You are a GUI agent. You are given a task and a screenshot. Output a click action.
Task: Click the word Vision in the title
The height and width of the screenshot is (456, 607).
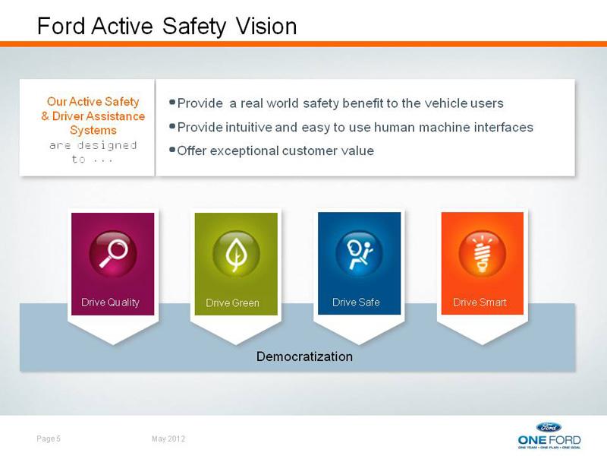click(266, 26)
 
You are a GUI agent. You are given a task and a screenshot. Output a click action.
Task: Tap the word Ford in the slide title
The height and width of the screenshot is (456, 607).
click(61, 26)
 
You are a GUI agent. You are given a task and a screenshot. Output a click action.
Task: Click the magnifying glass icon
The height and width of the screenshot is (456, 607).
click(113, 254)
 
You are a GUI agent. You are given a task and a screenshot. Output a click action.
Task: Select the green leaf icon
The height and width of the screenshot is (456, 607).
click(236, 254)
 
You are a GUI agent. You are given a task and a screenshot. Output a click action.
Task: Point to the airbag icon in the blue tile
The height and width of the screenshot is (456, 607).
click(359, 254)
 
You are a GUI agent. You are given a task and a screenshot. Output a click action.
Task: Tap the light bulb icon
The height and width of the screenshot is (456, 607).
click(483, 254)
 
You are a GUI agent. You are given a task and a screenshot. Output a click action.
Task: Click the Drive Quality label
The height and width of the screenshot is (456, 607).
click(110, 302)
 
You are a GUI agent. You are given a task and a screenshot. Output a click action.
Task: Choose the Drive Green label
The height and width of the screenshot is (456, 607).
click(232, 302)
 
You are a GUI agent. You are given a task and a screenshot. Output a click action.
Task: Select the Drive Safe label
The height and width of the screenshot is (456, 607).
click(356, 302)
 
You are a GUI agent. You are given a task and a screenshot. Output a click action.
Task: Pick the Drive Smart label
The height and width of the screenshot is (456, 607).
click(480, 302)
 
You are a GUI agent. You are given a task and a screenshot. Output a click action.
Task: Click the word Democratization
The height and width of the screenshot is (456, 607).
click(304, 356)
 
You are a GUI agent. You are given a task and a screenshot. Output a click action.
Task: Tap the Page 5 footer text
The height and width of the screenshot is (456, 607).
click(49, 439)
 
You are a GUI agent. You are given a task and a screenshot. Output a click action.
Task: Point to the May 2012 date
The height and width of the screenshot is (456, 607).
click(168, 439)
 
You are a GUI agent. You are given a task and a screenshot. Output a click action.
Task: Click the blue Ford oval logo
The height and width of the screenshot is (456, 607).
click(549, 427)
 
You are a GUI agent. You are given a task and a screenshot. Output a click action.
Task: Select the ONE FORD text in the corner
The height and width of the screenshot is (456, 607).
click(549, 440)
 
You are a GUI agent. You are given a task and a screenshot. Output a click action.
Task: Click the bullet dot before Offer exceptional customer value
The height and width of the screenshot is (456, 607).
click(172, 150)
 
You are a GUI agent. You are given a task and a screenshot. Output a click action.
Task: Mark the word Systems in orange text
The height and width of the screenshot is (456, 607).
click(93, 130)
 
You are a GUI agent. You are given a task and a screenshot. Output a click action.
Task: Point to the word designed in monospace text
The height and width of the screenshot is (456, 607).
click(106, 145)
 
